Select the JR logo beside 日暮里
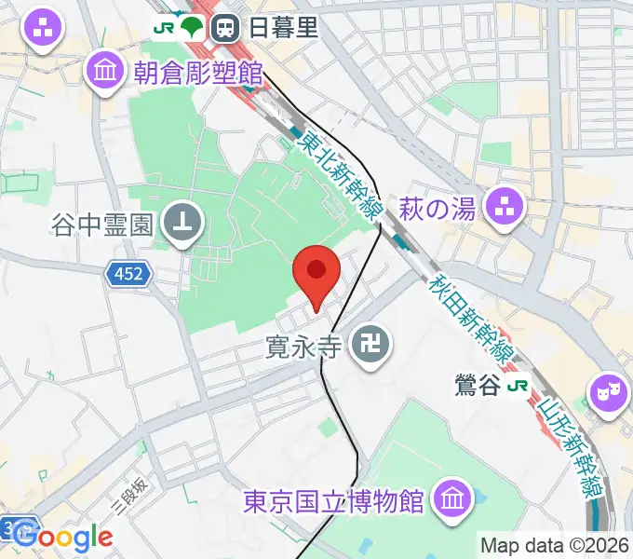pos(165,27)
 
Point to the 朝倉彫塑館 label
pos(198,70)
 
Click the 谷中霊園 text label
pos(103,224)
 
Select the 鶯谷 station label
pos(478,385)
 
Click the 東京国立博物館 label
pos(332,501)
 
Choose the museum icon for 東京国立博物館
pos(451,498)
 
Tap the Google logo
pos(63,536)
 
